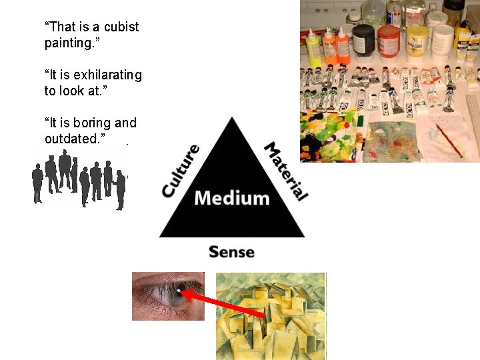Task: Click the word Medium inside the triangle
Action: click(x=231, y=198)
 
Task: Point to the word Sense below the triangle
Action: click(x=231, y=252)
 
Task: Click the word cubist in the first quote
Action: click(x=121, y=27)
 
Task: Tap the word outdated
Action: click(x=73, y=138)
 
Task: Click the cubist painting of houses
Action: click(x=271, y=316)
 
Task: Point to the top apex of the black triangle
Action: click(x=231, y=119)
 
